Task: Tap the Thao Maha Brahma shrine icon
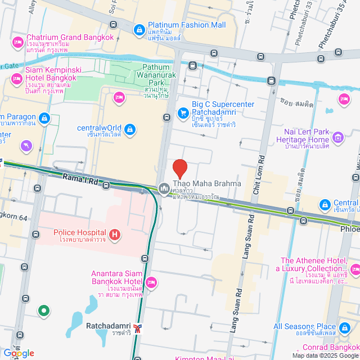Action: coord(164,187)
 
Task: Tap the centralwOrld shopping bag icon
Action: coord(130,130)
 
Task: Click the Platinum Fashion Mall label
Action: coord(187,25)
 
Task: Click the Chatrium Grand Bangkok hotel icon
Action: coord(17,42)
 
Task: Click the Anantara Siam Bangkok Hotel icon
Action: coord(150,281)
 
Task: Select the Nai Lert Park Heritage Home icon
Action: coord(337,137)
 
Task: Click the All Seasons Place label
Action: coord(304,326)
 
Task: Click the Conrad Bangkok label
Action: coord(332,347)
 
